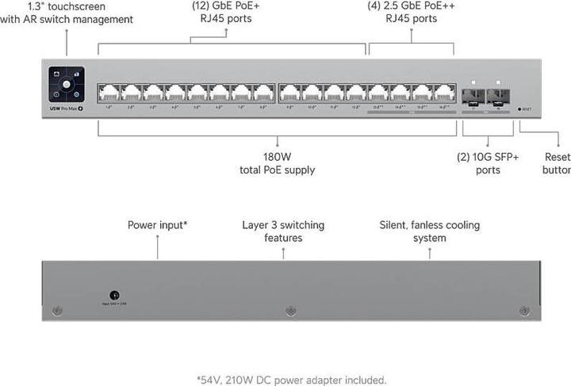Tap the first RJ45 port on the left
click(108, 94)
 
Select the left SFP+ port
click(473, 97)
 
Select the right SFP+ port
click(499, 97)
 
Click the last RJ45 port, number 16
click(443, 94)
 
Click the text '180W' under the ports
click(278, 156)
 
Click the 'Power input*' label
click(157, 225)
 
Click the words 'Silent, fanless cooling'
click(430, 225)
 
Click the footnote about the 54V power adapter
click(291, 380)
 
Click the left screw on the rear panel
click(56, 311)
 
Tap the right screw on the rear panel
click(523, 311)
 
